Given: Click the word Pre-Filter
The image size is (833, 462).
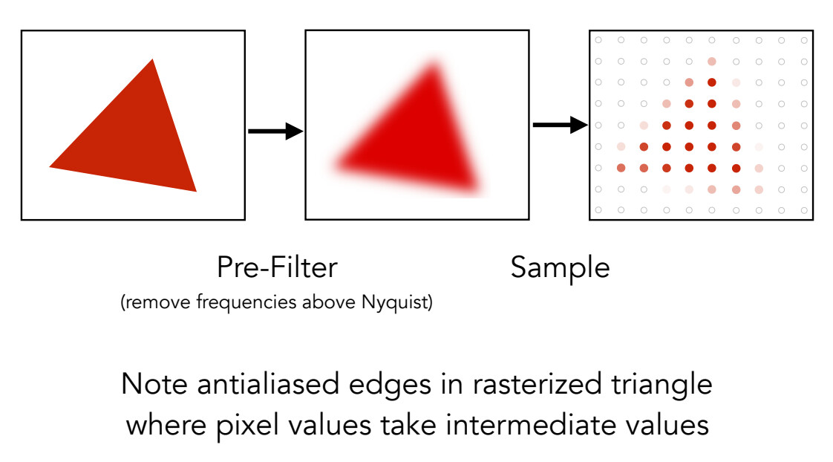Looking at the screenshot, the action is coord(276,267).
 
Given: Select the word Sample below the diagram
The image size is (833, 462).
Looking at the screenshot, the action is coord(560,267).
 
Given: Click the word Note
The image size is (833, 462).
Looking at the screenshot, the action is coord(151,384).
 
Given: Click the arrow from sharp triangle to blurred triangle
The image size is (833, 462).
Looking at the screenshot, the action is coord(275,131).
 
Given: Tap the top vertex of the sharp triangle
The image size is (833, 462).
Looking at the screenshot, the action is coord(153,60).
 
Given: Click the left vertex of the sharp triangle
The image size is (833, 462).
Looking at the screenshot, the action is coord(50,166).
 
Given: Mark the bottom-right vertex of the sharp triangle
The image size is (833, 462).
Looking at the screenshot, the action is coord(196,191).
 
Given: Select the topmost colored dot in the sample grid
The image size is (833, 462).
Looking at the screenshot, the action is coord(712,61).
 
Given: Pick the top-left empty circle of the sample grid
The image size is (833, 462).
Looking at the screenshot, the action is coord(598,40).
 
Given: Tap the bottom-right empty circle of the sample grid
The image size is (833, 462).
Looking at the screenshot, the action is coord(804,211).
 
